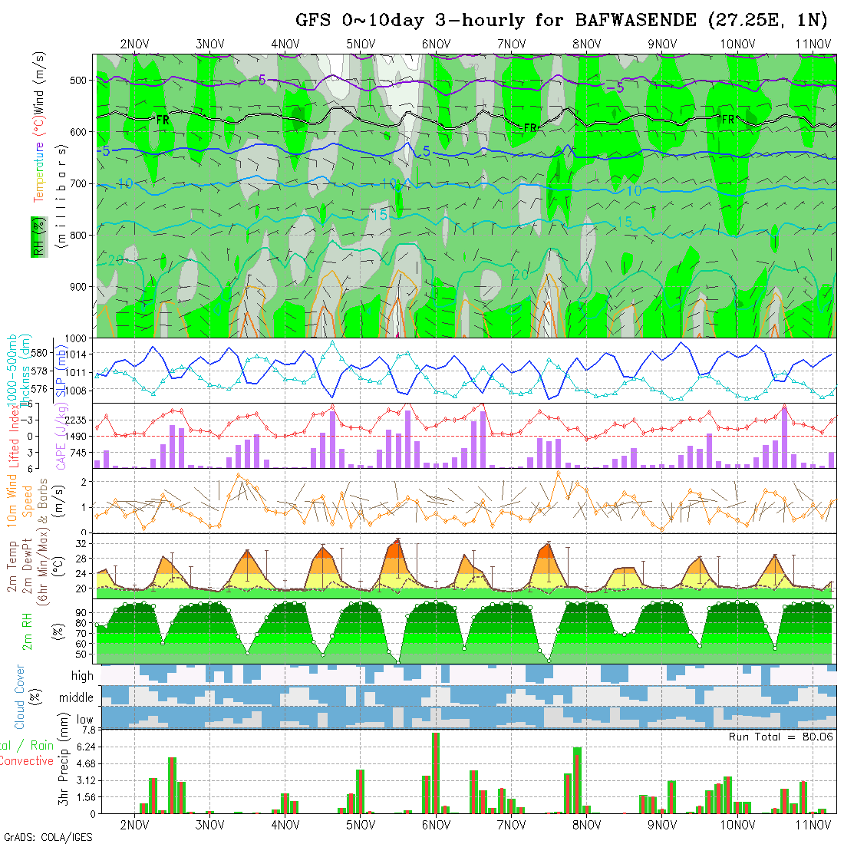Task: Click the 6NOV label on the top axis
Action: point(435,44)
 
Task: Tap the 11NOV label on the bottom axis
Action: point(813,825)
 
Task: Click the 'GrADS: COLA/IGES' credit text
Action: point(48,837)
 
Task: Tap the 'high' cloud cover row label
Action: point(82,676)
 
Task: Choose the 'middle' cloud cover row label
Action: point(77,698)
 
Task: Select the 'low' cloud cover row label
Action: point(84,720)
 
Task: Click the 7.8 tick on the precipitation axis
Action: point(84,730)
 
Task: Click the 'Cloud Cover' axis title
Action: point(20,697)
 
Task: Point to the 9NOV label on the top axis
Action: point(661,44)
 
